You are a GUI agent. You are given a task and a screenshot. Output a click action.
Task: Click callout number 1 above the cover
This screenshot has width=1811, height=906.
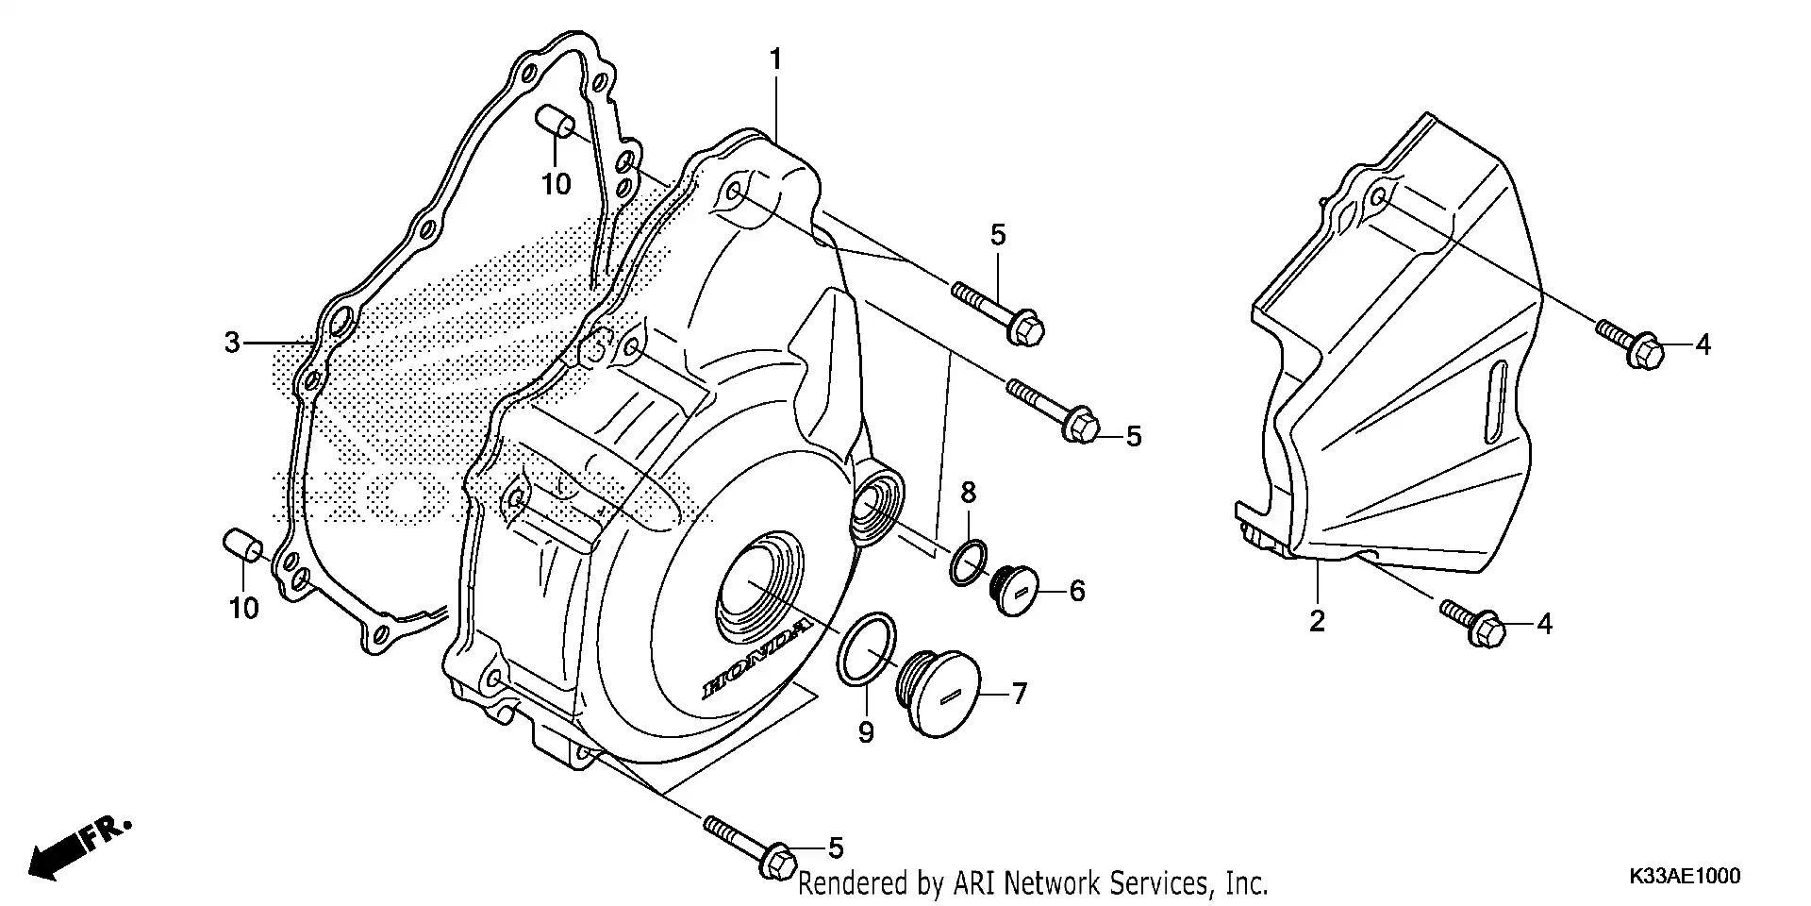tap(775, 60)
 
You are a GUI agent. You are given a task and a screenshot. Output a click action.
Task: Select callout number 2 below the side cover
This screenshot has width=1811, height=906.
tap(1317, 621)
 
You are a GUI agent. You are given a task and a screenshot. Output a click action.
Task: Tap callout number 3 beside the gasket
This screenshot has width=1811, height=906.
tap(233, 343)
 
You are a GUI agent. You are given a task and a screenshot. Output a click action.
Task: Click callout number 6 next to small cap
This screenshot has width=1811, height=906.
tap(1077, 591)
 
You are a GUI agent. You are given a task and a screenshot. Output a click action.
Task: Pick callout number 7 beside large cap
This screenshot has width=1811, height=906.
tap(1019, 695)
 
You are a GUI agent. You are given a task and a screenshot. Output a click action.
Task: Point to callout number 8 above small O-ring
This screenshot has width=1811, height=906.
tap(969, 492)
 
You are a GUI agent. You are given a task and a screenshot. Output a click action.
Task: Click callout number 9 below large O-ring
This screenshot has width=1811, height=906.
tap(866, 731)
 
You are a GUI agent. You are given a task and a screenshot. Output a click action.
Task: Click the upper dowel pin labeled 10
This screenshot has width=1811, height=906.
tap(557, 123)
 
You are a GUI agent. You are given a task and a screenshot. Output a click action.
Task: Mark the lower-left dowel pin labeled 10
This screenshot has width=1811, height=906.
tap(241, 545)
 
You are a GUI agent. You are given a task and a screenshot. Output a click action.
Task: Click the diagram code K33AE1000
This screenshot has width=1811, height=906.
tap(1683, 877)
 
